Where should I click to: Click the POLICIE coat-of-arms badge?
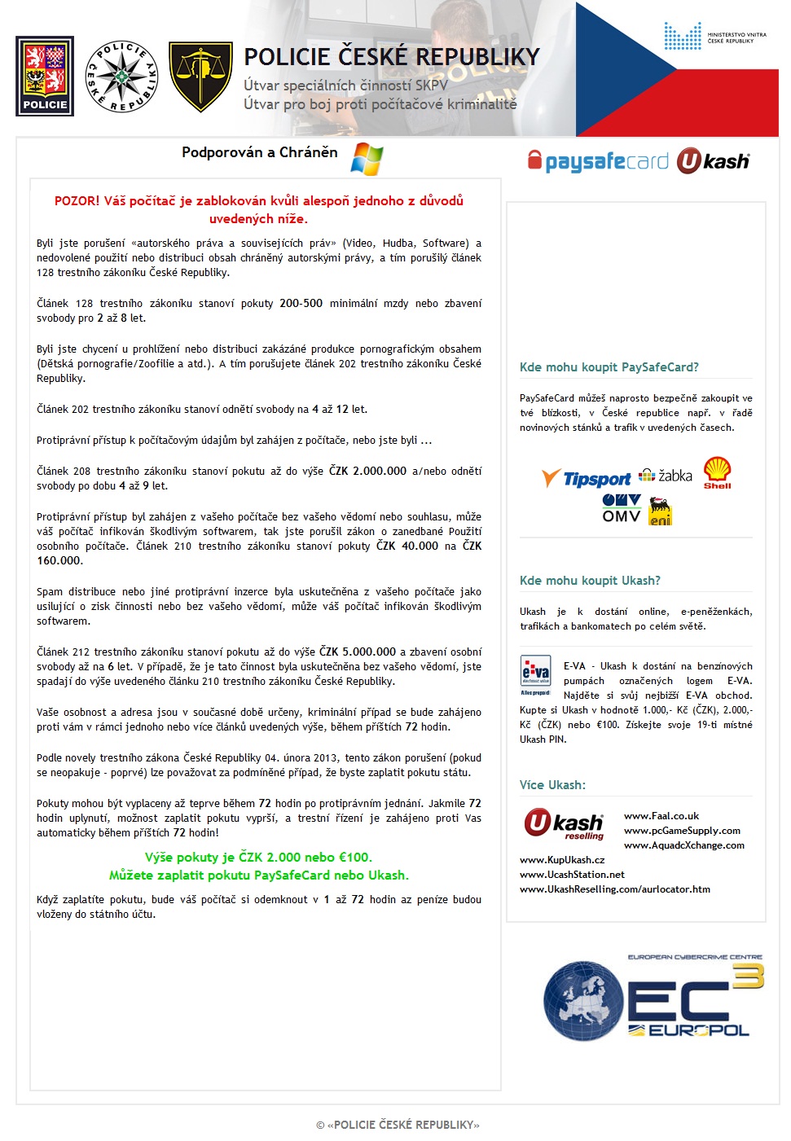[x=45, y=76]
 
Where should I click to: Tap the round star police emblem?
[x=121, y=77]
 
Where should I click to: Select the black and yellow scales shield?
[x=200, y=77]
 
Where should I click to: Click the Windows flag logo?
[x=367, y=158]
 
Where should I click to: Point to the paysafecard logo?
[x=599, y=160]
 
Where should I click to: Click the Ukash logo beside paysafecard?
[x=713, y=160]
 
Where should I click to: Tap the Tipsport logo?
[x=587, y=479]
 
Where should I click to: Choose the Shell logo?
[x=718, y=472]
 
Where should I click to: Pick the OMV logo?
[x=622, y=507]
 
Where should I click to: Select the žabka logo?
[x=666, y=476]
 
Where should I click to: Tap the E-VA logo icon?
[x=535, y=674]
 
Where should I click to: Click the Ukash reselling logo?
[x=565, y=824]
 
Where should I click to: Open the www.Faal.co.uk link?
[x=661, y=816]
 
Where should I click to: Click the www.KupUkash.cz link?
[x=562, y=860]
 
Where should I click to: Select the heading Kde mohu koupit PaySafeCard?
[x=609, y=367]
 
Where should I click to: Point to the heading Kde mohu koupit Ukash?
[x=590, y=581]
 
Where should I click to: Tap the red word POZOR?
[x=77, y=201]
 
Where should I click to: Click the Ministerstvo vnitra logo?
[x=714, y=37]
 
